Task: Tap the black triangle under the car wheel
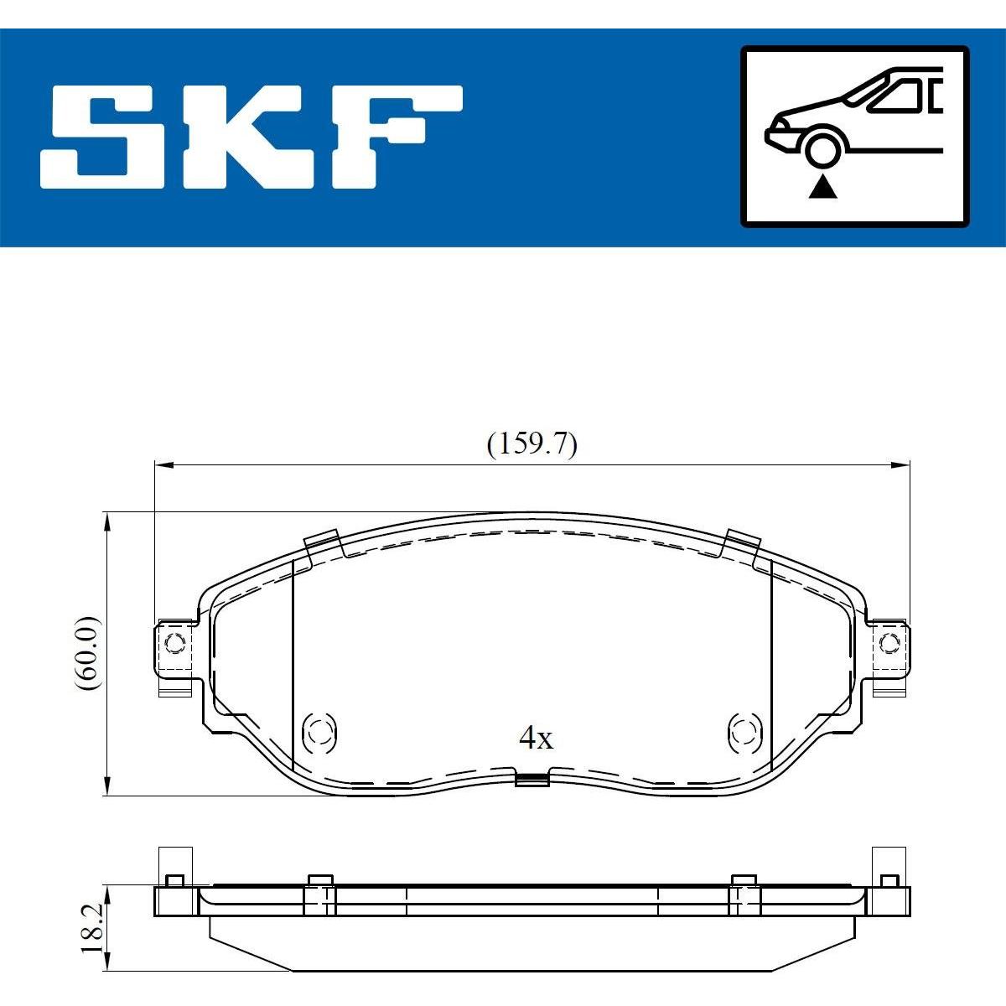click(x=822, y=188)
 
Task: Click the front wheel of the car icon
click(x=822, y=150)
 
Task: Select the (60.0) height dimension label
click(x=87, y=653)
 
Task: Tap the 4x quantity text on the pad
click(x=536, y=739)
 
